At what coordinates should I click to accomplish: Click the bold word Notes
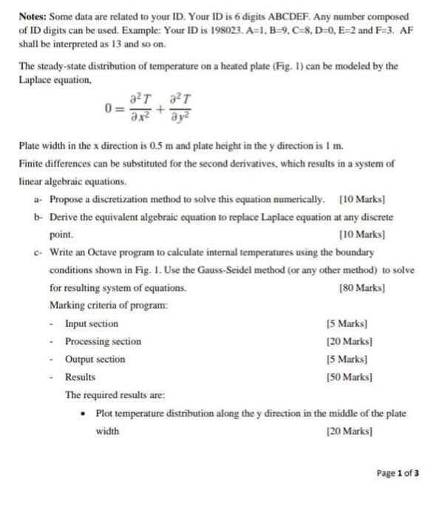pyautogui.click(x=34, y=16)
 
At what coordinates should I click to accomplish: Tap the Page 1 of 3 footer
pyautogui.click(x=397, y=474)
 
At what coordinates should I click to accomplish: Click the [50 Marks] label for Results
pyautogui.click(x=347, y=377)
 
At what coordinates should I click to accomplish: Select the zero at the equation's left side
pyautogui.click(x=108, y=109)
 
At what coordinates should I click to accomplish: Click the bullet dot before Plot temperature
pyautogui.click(x=86, y=412)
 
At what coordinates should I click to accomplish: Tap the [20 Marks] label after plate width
pyautogui.click(x=347, y=430)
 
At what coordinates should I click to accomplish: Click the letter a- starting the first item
pyautogui.click(x=38, y=199)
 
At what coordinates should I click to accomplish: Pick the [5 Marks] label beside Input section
pyautogui.click(x=347, y=323)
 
